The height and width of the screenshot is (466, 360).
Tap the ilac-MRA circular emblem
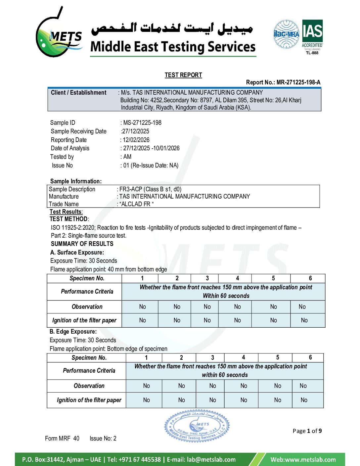coord(286,34)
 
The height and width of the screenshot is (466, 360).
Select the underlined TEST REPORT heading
coord(183,75)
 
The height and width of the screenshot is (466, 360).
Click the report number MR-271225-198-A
coord(298,82)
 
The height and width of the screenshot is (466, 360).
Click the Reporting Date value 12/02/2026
coord(136,140)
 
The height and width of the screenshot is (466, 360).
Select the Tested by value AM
coord(127,157)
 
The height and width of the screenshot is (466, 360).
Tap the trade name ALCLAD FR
coord(136,204)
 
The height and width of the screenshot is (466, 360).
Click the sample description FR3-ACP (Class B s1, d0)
coord(150,189)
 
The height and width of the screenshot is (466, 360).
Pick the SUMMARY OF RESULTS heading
coord(82,244)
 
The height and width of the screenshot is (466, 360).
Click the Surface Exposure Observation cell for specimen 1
coord(142,307)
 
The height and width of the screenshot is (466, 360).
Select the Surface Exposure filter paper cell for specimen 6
coord(304,320)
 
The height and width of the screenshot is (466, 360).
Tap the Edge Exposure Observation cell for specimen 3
coord(212,386)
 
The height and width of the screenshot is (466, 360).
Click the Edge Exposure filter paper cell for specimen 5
coord(278,400)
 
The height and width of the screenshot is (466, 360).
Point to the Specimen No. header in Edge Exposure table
coord(89,358)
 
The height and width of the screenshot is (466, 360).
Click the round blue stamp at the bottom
coord(197,426)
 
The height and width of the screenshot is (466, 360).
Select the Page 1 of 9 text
coord(307,431)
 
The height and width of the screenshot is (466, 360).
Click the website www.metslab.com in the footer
coord(303,459)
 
